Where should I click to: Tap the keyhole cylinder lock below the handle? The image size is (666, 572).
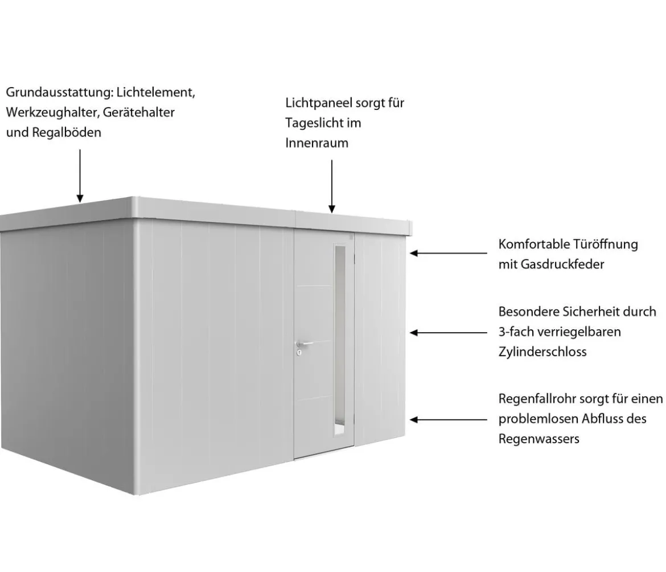pos(299,352)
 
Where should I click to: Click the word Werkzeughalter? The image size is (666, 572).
pos(53,112)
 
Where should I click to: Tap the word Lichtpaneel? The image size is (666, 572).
pos(319,103)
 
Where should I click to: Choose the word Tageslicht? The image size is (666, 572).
pos(316,123)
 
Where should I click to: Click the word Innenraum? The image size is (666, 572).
pos(317,143)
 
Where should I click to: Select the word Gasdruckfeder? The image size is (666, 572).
pos(562,264)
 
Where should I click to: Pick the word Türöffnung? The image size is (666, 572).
pos(606,244)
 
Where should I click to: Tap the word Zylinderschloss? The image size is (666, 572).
pos(542,352)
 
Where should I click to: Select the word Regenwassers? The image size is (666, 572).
pos(539,439)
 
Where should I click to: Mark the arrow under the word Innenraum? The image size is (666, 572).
pos(332,186)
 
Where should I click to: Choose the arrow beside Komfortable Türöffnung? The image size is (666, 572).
pos(449,254)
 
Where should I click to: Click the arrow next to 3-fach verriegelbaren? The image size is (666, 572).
pos(449,333)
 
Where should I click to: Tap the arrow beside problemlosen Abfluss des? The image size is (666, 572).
pos(449,420)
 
